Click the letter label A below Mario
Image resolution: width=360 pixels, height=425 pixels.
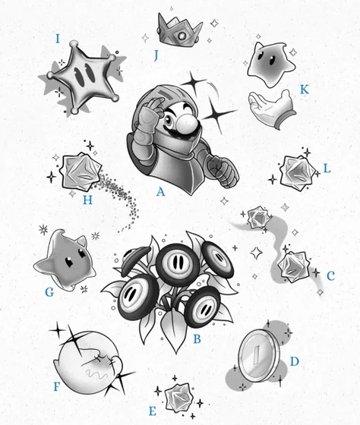160,192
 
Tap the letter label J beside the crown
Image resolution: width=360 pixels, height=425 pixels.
155,55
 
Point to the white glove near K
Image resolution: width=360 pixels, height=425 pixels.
271,107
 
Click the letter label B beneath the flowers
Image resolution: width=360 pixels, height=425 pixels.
196,339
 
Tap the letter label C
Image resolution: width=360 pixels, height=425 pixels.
330,275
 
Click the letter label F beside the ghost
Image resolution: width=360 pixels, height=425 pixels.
56,387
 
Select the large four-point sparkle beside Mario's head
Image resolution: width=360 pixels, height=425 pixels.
223,114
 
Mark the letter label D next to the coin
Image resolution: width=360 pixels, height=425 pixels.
295,361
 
